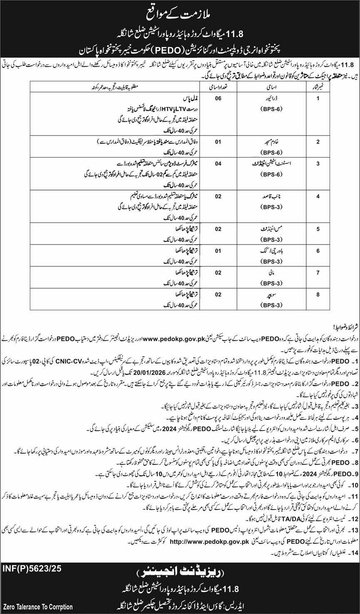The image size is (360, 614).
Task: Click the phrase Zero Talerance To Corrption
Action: [x=37, y=607]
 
